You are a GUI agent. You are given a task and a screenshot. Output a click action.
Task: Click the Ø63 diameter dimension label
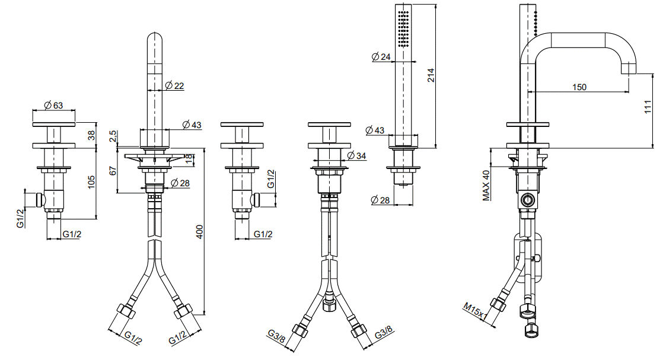54,105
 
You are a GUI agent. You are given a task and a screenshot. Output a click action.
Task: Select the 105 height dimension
91,182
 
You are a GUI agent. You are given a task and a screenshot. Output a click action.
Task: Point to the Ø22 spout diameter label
174,86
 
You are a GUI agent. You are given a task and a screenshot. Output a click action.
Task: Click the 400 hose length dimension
199,231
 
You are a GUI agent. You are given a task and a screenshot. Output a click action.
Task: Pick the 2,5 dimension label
113,136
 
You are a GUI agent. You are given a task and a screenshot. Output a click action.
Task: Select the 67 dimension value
113,171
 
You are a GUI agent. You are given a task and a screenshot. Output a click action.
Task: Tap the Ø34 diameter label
356,155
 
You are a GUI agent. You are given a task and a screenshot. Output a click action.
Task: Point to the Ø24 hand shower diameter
381,57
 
